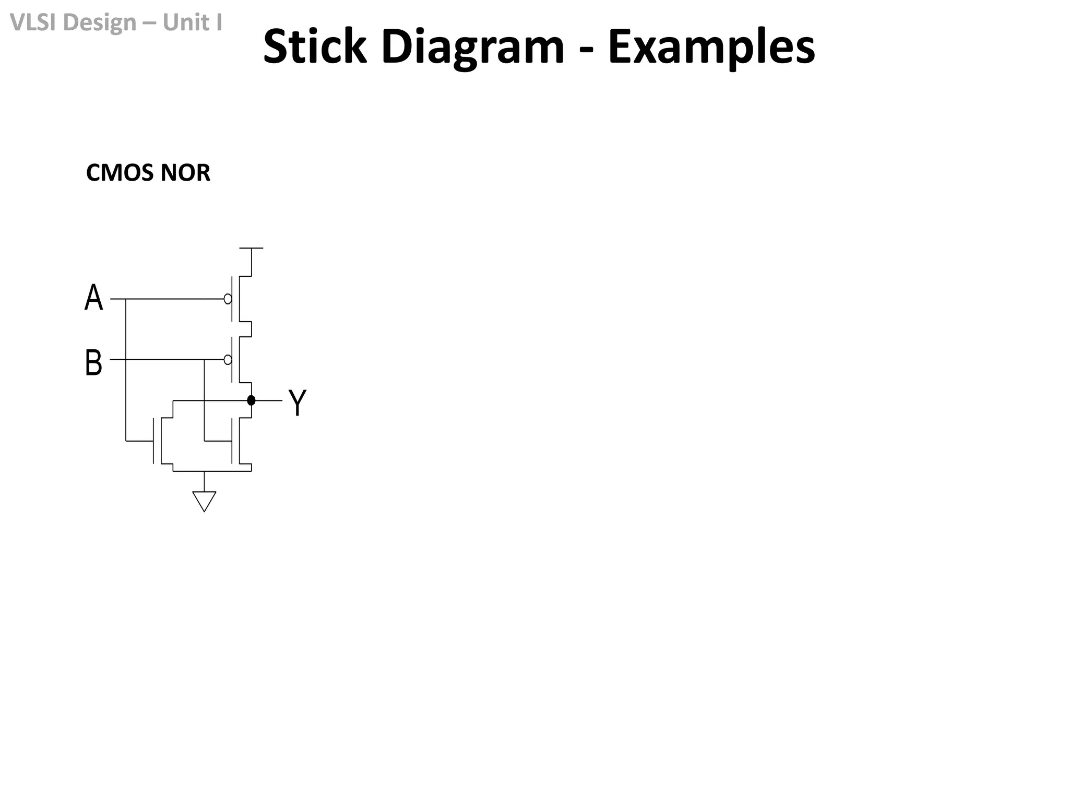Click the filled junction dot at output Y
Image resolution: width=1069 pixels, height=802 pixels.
251,400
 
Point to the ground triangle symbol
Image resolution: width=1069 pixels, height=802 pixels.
204,501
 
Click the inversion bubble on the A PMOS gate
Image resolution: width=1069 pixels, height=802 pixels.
228,299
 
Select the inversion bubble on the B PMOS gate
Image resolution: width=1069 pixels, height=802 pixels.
228,360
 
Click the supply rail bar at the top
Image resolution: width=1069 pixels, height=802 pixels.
251,249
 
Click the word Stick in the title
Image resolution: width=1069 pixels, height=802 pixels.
314,47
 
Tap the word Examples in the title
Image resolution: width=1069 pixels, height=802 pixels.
711,47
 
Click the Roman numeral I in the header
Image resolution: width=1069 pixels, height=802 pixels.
218,22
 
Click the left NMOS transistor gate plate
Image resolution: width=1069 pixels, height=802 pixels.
153,441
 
